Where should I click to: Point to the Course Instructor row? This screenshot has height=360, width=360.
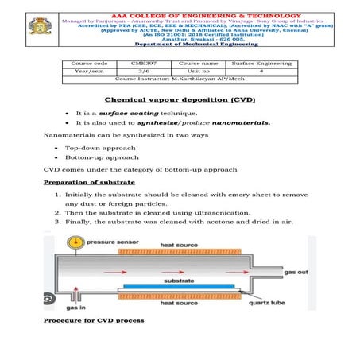pos(180,79)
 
